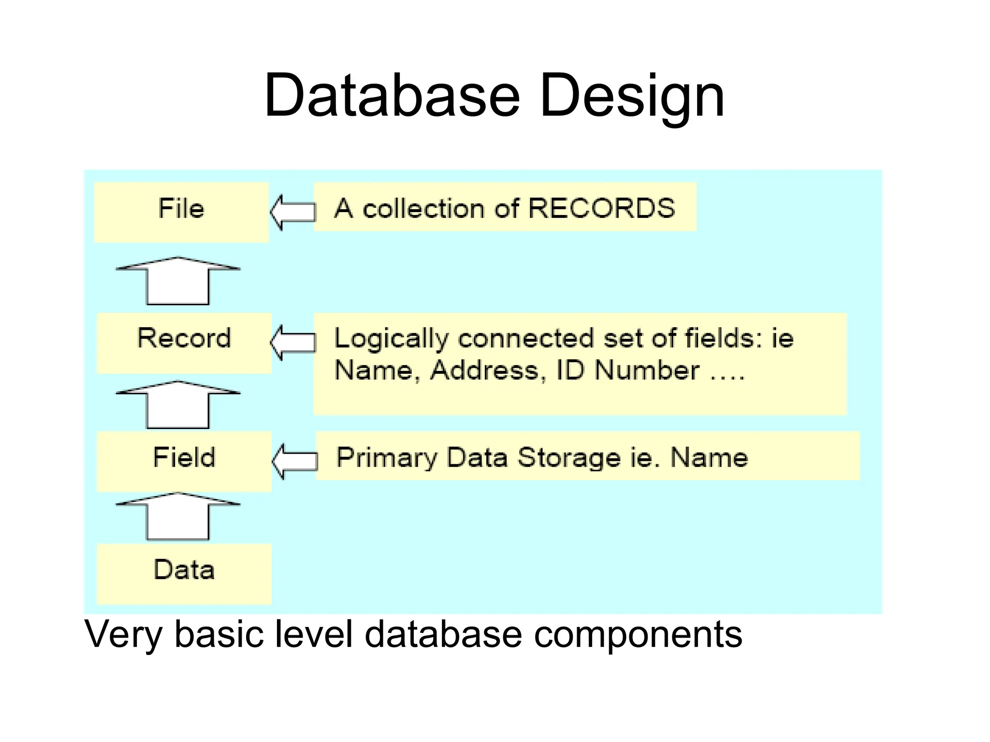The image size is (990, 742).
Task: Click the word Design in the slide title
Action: pos(631,97)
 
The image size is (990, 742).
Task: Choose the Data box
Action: pos(184,573)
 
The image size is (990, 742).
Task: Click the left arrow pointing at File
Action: pos(292,212)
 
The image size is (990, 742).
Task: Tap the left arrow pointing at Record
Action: pos(292,342)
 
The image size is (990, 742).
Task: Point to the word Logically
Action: pos(392,338)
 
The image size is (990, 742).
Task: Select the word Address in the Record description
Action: pos(484,371)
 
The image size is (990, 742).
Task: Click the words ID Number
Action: pos(627,371)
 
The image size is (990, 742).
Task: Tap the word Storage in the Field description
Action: pos(569,457)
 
